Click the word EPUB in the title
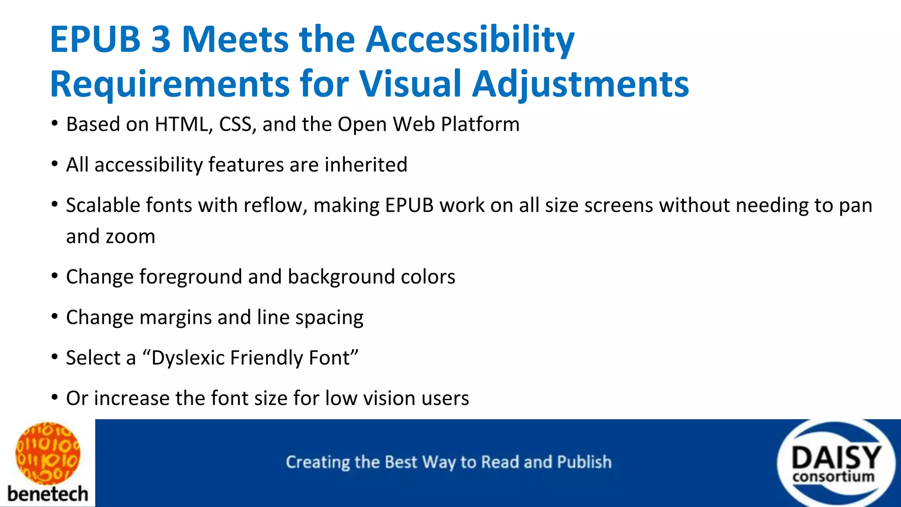(x=95, y=40)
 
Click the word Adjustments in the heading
(x=580, y=84)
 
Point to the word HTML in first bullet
(x=181, y=125)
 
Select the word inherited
(x=366, y=165)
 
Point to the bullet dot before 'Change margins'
(x=55, y=316)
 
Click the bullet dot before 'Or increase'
(x=55, y=397)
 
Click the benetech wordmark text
(x=48, y=494)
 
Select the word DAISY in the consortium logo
(x=836, y=458)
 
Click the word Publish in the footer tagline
(x=584, y=462)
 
